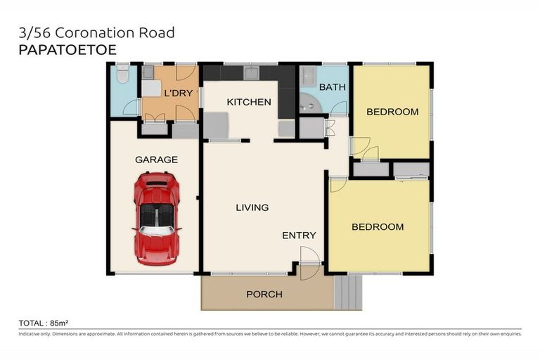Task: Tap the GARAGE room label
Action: point(156,160)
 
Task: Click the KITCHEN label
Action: point(248,102)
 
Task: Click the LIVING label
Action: point(252,207)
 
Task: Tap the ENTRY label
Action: point(299,236)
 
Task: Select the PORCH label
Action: point(264,293)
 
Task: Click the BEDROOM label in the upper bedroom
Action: point(392,112)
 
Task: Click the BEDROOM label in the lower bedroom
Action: point(378,227)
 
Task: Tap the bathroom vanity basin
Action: point(308,73)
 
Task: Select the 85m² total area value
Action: point(58,323)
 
